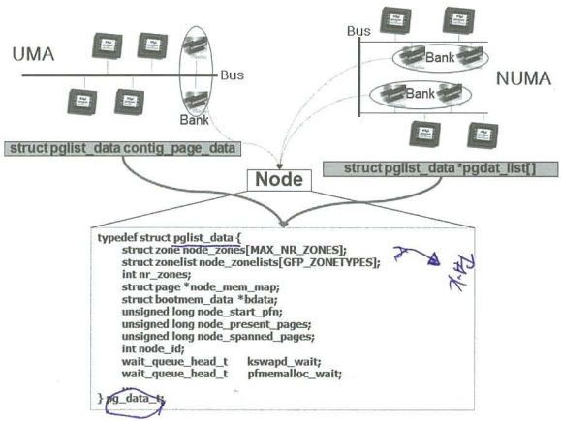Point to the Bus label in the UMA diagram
(x=232, y=75)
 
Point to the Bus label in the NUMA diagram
(x=358, y=32)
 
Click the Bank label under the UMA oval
(x=195, y=120)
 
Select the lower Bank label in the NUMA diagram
(x=420, y=94)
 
